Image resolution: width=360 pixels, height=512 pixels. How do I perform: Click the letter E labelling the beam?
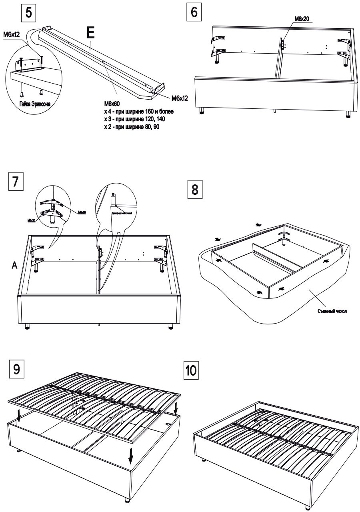91,34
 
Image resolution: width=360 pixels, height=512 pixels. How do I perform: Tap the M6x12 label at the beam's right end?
180,98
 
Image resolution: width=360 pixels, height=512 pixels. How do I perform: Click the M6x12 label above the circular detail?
13,35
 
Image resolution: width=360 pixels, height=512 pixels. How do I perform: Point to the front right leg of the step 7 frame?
171,326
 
